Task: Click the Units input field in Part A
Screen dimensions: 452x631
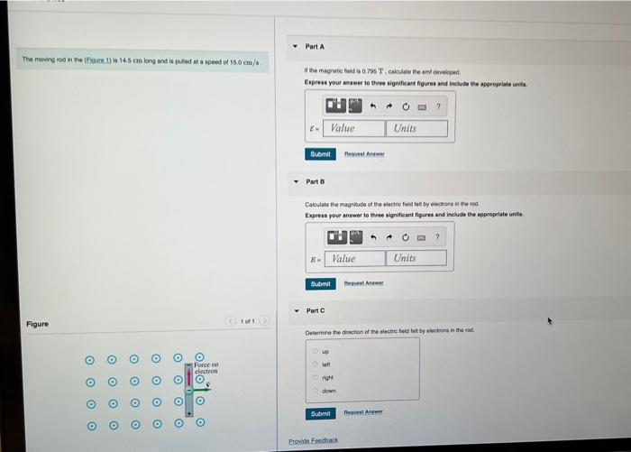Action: click(x=416, y=128)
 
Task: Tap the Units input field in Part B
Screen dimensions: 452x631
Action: click(x=416, y=258)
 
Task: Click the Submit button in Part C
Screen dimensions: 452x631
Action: click(x=320, y=413)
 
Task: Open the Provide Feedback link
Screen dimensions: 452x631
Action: click(x=313, y=440)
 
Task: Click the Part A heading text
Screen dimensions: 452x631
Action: click(x=315, y=45)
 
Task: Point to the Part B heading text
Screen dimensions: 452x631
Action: click(x=315, y=181)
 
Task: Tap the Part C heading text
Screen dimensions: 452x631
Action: click(x=315, y=311)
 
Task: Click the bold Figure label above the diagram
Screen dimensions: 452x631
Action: click(x=37, y=324)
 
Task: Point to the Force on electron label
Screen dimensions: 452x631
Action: click(x=206, y=367)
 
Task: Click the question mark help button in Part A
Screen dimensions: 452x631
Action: click(x=438, y=107)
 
